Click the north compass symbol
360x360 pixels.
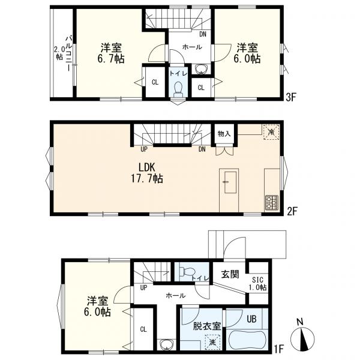coord(302,338)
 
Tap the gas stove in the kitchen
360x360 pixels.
coord(272,203)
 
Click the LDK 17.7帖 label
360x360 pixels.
coord(147,173)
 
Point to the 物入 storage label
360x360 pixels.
coord(224,134)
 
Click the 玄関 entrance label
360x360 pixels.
coord(230,274)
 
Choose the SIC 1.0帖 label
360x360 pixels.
coord(258,284)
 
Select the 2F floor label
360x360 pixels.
coord(292,211)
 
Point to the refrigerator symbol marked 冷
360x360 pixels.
coord(271,132)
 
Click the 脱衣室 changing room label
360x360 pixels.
coord(207,326)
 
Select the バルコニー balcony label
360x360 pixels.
coord(68,53)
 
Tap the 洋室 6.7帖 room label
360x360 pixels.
coord(111,53)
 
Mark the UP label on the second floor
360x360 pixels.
coord(144,149)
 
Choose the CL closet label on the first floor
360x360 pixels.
coord(143,329)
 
